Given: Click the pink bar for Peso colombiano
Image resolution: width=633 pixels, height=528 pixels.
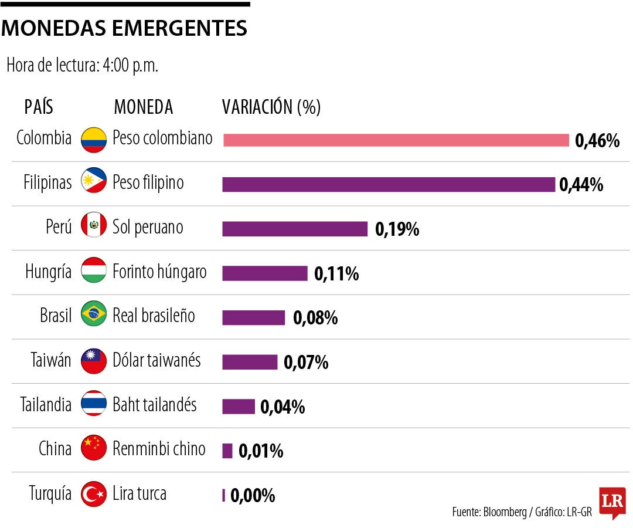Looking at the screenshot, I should click(396, 140).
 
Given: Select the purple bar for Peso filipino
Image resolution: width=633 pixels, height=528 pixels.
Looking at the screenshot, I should click(389, 184).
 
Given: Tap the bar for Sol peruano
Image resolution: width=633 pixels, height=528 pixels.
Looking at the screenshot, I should click(295, 229).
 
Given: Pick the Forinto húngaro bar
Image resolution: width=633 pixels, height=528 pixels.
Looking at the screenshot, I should click(265, 273).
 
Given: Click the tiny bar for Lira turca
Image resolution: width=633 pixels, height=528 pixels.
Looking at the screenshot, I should click(223, 495).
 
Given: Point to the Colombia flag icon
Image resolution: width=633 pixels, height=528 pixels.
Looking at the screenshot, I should click(94, 140).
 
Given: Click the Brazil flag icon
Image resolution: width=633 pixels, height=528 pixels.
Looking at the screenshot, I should click(94, 314).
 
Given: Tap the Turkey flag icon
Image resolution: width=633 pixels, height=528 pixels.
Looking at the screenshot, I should click(94, 494).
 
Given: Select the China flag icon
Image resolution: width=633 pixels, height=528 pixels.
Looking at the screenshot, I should click(94, 449).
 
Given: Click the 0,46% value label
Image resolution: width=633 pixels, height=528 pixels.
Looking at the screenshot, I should click(597, 141).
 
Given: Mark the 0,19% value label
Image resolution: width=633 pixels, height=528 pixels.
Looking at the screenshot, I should click(397, 229).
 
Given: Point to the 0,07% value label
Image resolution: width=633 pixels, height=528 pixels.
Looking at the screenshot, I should click(306, 363).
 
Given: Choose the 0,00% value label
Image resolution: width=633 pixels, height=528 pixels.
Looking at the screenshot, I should click(253, 496).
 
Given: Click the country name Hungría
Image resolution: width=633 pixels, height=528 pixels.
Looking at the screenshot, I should click(49, 272).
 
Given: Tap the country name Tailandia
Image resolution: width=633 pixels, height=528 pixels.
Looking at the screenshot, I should click(46, 405).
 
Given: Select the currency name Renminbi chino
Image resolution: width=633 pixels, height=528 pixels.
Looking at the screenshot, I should click(159, 449).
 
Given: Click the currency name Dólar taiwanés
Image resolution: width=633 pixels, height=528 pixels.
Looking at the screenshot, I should click(156, 360).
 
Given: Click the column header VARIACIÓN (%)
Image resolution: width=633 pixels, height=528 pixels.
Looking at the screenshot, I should click(271, 107).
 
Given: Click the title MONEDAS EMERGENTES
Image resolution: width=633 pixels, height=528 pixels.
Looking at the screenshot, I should click(124, 28).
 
